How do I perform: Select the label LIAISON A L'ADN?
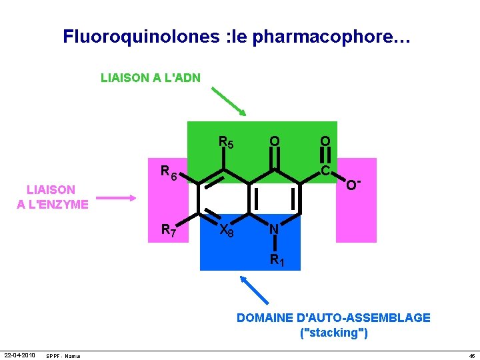click(x=151, y=78)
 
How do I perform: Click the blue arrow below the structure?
click(x=256, y=293)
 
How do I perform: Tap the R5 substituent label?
click(x=226, y=142)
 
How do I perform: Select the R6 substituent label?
click(x=169, y=171)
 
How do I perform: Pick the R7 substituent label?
click(x=169, y=231)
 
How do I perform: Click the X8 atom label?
click(x=227, y=231)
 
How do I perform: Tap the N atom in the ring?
click(x=273, y=229)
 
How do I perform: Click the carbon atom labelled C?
click(x=325, y=171)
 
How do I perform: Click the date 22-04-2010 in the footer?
click(x=19, y=355)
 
